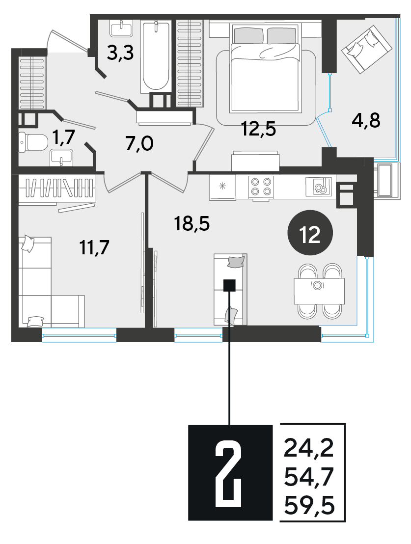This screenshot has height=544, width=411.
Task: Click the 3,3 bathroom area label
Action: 120,54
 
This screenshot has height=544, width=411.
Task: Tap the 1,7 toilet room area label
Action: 64,136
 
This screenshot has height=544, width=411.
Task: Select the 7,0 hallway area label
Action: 139,144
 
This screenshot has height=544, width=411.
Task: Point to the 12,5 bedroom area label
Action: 259,129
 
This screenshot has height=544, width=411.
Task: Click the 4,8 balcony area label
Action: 366,121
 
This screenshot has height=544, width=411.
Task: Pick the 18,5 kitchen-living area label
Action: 192,224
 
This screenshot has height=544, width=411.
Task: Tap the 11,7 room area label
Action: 94,247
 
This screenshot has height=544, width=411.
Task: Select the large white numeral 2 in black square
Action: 228,472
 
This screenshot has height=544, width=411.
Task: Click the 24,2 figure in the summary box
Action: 308,448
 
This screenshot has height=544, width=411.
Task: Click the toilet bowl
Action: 33,142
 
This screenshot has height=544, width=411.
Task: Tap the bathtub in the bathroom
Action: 156,56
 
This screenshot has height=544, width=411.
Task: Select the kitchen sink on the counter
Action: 318,187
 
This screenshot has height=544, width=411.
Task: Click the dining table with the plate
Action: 319,291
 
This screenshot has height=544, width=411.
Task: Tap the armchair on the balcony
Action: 366,50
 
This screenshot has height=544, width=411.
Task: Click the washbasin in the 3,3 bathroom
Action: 121,28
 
